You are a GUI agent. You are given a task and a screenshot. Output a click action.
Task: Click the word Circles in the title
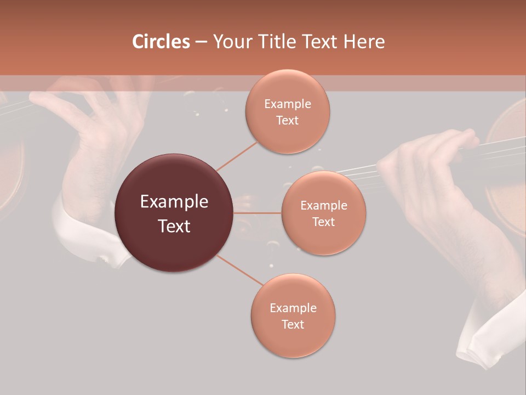[x=161, y=42]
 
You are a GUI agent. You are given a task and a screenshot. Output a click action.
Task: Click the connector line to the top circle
[x=237, y=155]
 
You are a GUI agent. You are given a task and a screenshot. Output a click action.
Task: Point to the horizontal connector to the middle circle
[x=258, y=213]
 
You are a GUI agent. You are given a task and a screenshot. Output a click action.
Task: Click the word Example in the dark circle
[x=174, y=201]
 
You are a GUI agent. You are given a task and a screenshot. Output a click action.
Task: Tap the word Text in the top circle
[x=287, y=120]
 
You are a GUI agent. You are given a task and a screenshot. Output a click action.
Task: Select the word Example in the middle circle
[x=323, y=205]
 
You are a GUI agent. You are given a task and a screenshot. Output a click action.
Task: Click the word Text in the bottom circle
[x=293, y=324]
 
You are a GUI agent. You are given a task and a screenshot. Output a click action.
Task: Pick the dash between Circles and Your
[x=201, y=42]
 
